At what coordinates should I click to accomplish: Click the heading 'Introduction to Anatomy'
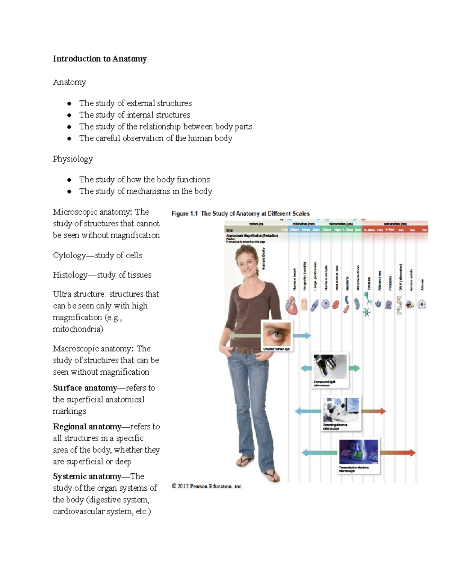[x=100, y=59]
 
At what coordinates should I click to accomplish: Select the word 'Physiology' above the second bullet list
[x=73, y=159]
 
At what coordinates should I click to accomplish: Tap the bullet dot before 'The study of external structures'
[x=69, y=104]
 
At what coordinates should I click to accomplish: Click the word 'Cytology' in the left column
[x=69, y=256]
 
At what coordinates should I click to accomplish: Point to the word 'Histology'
[x=70, y=275]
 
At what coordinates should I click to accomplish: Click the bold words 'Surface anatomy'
[x=85, y=388]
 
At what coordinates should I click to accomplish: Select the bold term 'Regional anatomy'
[x=87, y=426]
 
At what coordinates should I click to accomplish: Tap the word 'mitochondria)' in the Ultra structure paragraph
[x=78, y=329]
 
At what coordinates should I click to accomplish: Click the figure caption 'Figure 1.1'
[x=184, y=214]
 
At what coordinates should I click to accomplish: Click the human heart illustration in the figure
[x=292, y=305]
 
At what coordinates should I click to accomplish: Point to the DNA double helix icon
[x=399, y=305]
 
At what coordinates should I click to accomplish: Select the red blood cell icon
[x=336, y=304]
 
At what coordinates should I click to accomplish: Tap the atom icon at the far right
[x=422, y=304]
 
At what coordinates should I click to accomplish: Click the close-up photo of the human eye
[x=277, y=334]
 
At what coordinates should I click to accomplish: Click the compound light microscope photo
[x=330, y=367]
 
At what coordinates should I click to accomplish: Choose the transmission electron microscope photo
[x=359, y=452]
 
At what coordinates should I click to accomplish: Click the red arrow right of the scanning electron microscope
[x=374, y=411]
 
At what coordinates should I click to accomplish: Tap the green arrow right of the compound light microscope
[x=354, y=368]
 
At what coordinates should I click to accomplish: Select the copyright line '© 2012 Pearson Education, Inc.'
[x=207, y=487]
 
